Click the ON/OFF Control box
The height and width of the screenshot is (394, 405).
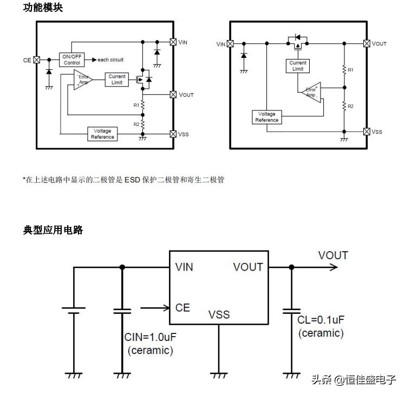(x=71, y=60)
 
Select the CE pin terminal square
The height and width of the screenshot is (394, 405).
(x=37, y=60)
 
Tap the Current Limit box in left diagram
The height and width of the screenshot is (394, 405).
(x=117, y=80)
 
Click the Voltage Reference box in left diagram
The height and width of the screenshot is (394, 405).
(x=102, y=134)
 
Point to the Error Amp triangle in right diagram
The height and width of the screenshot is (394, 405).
(x=312, y=92)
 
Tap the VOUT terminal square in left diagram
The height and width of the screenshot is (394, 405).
(x=173, y=95)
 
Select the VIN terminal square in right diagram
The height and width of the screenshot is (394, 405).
(x=230, y=44)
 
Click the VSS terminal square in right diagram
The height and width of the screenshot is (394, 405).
(x=367, y=132)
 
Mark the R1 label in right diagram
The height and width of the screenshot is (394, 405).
(x=351, y=70)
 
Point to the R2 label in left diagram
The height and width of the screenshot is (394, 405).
(x=137, y=124)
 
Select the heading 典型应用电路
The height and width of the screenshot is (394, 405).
(x=53, y=230)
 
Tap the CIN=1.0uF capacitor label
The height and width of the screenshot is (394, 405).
(x=151, y=337)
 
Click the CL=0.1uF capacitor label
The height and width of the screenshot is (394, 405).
(x=321, y=319)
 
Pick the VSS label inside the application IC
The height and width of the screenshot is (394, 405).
(x=219, y=314)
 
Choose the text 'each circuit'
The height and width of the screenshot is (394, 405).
(x=110, y=60)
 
